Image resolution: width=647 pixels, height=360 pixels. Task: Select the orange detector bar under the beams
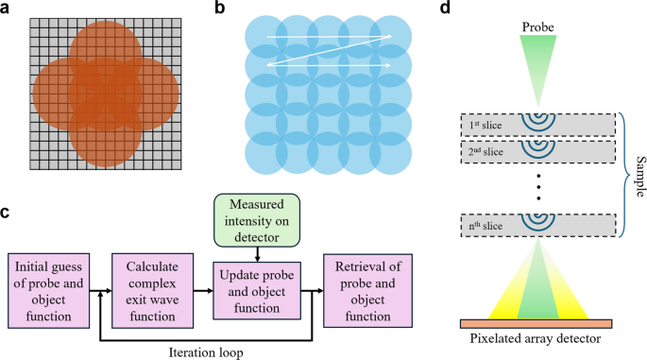point(535,322)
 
